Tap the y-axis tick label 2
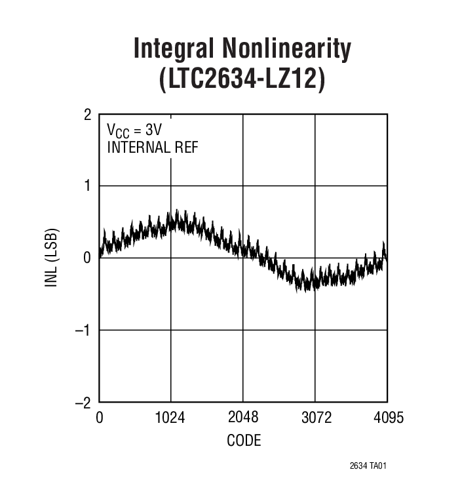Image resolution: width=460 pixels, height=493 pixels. click(x=88, y=115)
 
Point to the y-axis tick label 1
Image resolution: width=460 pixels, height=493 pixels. click(x=88, y=186)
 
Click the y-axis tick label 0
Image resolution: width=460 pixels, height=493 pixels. click(x=88, y=258)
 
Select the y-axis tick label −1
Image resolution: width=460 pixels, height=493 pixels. click(x=84, y=330)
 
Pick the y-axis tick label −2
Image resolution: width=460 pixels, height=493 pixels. click(x=84, y=402)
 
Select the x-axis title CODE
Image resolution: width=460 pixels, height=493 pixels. click(x=243, y=440)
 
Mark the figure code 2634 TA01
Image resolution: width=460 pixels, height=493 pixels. click(x=372, y=467)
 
